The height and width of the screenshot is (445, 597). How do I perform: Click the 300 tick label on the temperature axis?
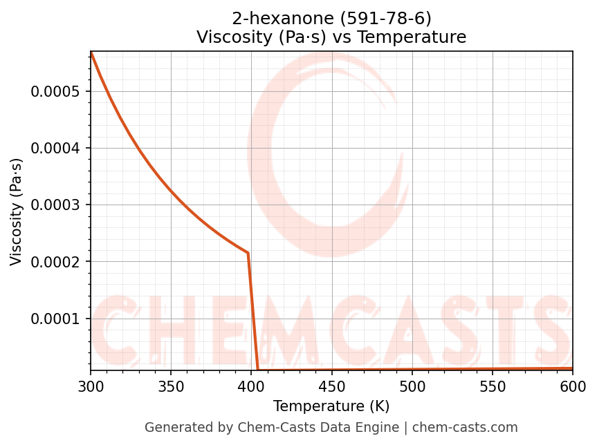click(x=91, y=386)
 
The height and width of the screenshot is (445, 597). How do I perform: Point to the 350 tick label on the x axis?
click(x=171, y=386)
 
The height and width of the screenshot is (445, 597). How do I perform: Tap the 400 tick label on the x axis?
click(x=251, y=386)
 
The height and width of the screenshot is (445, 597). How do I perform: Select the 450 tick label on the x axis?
click(x=332, y=386)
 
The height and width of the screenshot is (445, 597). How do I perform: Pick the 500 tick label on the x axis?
click(x=412, y=386)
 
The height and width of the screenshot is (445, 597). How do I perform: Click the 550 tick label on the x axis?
click(x=493, y=386)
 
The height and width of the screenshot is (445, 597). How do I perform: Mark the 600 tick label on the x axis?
click(x=573, y=386)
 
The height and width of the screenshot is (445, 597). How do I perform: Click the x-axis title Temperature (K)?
click(x=331, y=406)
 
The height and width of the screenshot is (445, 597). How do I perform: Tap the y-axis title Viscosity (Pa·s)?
click(x=17, y=211)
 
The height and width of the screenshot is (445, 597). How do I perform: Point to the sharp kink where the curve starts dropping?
click(x=248, y=253)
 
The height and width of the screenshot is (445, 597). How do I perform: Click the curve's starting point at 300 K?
click(x=91, y=52)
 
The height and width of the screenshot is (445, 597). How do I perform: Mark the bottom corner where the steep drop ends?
click(x=258, y=370)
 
